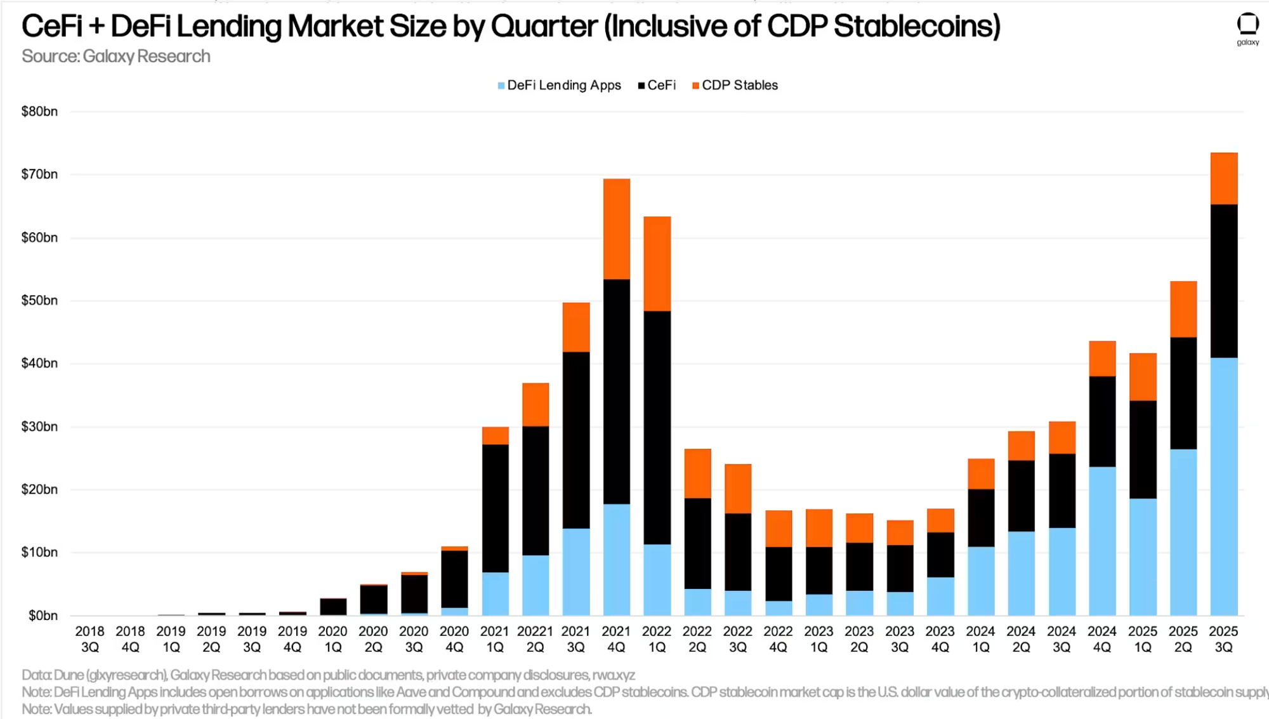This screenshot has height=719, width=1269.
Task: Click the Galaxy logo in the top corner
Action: coord(1247,28)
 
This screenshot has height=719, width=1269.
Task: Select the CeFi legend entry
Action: coord(657,86)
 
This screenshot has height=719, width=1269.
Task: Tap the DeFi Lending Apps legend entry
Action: coord(559,86)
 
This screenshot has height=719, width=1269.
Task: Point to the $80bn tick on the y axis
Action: coord(39,112)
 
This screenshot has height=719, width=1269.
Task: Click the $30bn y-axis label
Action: coord(39,426)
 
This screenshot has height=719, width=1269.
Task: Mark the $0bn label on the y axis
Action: coord(43,616)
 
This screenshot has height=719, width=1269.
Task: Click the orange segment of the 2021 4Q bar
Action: coord(616,229)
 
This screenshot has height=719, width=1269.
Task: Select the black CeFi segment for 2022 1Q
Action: coord(657,427)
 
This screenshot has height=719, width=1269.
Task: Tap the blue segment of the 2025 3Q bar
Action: coord(1223,487)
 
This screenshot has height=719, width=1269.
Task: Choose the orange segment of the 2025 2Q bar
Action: coord(1183,309)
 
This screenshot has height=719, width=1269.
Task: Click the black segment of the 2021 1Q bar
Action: coord(495,508)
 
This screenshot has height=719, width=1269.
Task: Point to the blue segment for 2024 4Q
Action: coord(1102,541)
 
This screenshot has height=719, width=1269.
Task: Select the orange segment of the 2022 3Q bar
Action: coord(738,489)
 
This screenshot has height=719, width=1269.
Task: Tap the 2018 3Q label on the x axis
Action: coord(90,639)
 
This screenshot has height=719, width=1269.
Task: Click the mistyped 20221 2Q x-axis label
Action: coord(535,639)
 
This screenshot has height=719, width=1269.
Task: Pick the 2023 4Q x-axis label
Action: coord(940,639)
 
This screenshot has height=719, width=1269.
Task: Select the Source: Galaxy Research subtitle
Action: coord(116,56)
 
